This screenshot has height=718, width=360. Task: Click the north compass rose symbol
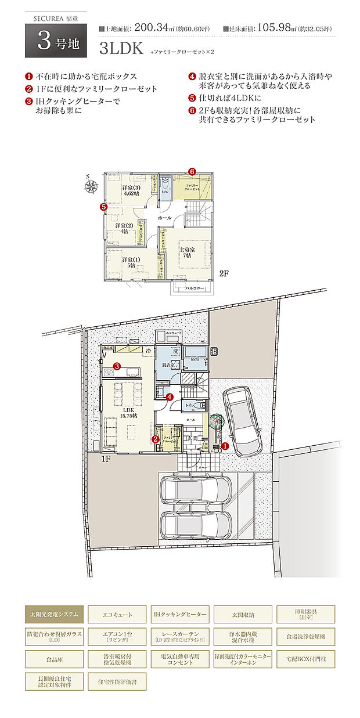(x=91, y=186)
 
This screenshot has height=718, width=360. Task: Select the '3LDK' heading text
(x=121, y=49)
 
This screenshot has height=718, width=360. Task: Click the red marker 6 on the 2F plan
(x=192, y=171)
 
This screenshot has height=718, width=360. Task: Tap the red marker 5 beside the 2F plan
(x=103, y=206)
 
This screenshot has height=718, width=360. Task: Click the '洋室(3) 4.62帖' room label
(x=129, y=191)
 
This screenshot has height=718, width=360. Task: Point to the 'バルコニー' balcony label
(x=193, y=287)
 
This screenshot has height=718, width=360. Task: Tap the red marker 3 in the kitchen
(x=117, y=366)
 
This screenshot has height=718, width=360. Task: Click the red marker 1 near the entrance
(x=225, y=446)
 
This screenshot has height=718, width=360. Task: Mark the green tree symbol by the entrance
(x=215, y=421)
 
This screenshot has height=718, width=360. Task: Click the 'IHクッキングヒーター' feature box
(x=180, y=614)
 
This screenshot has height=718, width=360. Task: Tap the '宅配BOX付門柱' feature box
(x=306, y=659)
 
